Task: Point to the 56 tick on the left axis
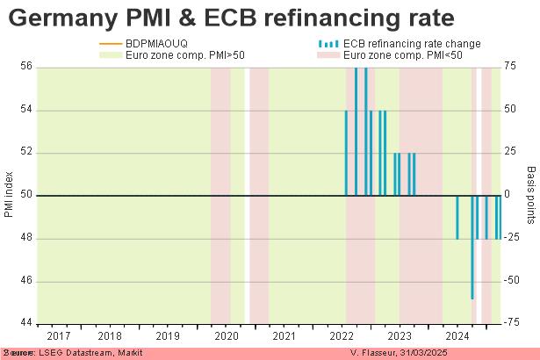tap(25, 66)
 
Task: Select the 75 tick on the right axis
tap(510, 66)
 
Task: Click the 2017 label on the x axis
tap(60, 335)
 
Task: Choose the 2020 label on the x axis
tap(227, 335)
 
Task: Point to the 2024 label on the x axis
tap(457, 335)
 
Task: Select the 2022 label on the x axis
tap(342, 335)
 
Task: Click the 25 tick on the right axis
tap(510, 152)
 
